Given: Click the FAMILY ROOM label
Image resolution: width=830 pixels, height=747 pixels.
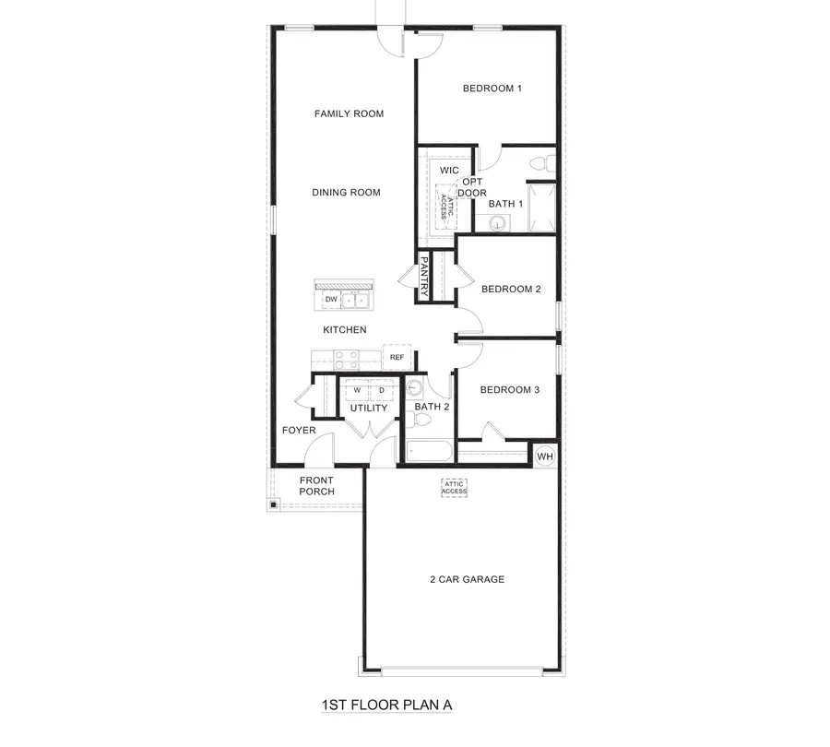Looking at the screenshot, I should click(349, 114).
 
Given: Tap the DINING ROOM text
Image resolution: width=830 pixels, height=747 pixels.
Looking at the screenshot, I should click(346, 193).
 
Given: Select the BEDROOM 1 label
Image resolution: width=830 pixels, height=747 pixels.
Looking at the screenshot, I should click(492, 89).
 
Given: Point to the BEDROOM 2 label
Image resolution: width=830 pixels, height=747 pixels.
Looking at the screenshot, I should click(511, 289).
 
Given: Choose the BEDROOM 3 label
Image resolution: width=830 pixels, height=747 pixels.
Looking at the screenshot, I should click(510, 390).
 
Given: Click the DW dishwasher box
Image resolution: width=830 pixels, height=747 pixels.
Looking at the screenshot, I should click(330, 300).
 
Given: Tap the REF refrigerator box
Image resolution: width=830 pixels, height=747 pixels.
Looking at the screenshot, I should click(397, 357).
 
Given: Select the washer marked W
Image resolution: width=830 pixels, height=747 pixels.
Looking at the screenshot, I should click(356, 390).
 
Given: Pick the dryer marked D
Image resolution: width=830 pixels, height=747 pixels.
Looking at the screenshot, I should click(381, 390).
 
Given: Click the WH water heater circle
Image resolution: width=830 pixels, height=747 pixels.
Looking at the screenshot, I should click(545, 456).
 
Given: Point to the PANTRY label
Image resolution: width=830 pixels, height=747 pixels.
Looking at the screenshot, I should click(424, 277).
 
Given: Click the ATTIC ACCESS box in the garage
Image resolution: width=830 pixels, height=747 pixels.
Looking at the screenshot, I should click(455, 488).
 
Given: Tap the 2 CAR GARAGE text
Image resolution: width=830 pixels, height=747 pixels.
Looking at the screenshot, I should click(467, 580).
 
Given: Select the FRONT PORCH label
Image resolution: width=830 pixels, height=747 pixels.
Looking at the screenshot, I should click(316, 486).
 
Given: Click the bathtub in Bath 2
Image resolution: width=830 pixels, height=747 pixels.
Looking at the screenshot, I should click(429, 452).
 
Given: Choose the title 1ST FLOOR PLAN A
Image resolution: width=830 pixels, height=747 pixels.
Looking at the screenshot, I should click(386, 705).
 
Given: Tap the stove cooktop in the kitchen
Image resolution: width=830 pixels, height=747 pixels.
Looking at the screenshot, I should click(345, 357).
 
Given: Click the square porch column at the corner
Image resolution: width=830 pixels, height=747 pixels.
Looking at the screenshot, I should click(274, 504).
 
